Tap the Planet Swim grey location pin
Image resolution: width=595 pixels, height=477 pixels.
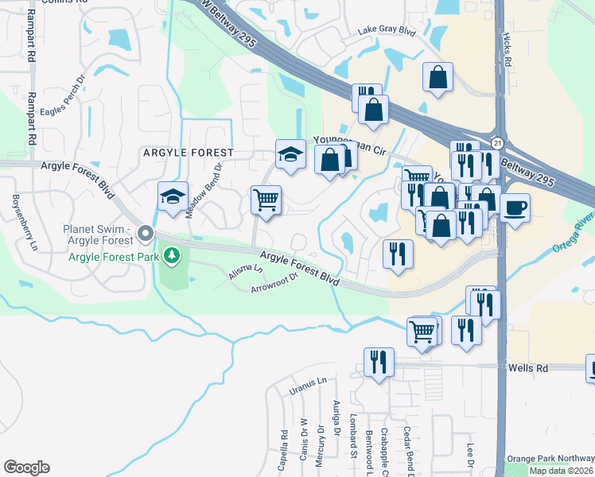point(145,234)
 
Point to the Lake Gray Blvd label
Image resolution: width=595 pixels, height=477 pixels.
point(387,31)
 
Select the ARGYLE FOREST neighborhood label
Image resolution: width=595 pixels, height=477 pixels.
point(188,152)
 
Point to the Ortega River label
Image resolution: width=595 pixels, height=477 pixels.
point(574,231)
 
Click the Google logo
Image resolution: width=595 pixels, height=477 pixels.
point(26,467)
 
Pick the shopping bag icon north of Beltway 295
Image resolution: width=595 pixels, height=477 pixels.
point(437,77)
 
